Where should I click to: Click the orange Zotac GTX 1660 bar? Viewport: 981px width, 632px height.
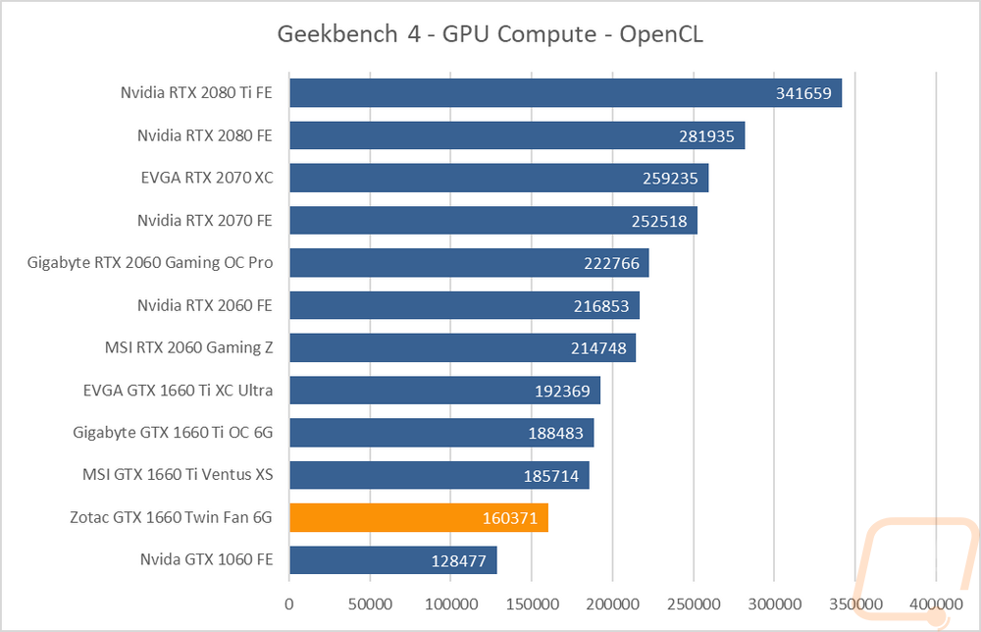[x=419, y=517]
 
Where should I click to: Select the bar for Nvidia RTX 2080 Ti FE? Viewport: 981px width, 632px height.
[x=566, y=92]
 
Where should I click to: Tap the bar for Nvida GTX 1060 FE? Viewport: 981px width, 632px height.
[x=393, y=560]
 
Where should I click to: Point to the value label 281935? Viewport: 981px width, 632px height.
[x=706, y=135]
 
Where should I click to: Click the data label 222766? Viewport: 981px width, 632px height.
[x=611, y=263]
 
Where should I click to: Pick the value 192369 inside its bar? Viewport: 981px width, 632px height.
[x=562, y=391]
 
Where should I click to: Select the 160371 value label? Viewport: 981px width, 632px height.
[x=510, y=518]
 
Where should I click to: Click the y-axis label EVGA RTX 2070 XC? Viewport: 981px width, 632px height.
[x=206, y=178]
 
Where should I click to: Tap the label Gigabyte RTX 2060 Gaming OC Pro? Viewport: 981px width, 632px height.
[x=149, y=263]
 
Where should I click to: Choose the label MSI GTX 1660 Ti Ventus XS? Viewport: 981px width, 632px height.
[x=178, y=474]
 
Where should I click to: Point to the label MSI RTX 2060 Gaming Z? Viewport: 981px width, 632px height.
[x=189, y=347]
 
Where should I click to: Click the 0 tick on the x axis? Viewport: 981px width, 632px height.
[x=289, y=604]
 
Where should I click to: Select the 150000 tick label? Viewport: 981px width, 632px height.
[x=532, y=604]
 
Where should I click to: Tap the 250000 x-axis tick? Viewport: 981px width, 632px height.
[x=694, y=604]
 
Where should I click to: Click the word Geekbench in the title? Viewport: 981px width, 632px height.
[x=337, y=33]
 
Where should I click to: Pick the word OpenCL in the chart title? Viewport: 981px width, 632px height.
[x=660, y=34]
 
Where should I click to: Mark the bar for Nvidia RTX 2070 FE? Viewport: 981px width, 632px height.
[x=493, y=220]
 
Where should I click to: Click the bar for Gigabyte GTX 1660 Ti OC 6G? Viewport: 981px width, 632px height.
[x=441, y=433]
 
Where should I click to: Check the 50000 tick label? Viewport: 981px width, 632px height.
[x=370, y=604]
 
